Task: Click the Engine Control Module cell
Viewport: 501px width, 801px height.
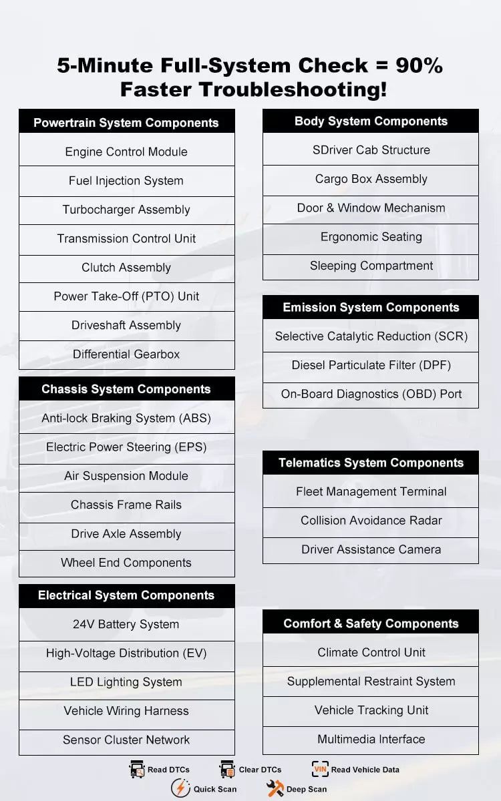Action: (x=126, y=152)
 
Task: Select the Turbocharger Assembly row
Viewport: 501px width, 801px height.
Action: (x=126, y=210)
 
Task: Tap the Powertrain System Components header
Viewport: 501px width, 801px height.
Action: (x=126, y=123)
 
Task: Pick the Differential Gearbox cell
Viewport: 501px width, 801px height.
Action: (x=126, y=354)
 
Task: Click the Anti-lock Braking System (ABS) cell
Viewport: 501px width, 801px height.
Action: (x=126, y=419)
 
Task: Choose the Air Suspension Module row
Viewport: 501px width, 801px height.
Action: (x=126, y=476)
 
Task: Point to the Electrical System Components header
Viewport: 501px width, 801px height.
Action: (x=126, y=595)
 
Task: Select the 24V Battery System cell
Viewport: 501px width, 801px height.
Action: (x=126, y=625)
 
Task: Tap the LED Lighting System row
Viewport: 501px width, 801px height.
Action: (x=126, y=682)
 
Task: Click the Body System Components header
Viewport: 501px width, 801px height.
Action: (x=371, y=121)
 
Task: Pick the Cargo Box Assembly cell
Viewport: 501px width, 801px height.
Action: (x=371, y=179)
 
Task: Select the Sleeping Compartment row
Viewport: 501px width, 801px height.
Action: (x=371, y=266)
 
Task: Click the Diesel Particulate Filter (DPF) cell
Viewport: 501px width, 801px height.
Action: (x=371, y=365)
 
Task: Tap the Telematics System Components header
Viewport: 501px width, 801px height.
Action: (x=371, y=463)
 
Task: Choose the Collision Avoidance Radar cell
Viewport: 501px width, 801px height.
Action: (x=371, y=521)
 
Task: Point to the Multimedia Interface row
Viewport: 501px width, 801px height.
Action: (x=371, y=739)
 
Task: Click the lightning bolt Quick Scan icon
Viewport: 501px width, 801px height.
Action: (x=180, y=788)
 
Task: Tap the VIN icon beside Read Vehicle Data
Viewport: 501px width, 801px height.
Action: (x=320, y=769)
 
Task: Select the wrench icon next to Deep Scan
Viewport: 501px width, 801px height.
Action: (x=275, y=788)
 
